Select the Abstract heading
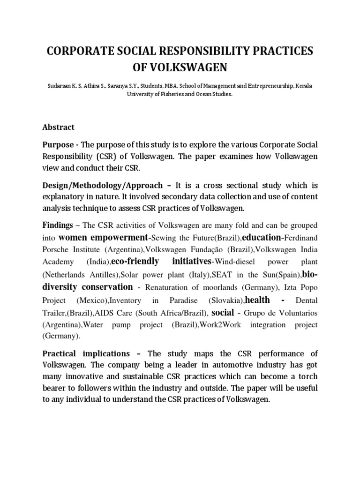click(58, 127)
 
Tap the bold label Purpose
click(58, 145)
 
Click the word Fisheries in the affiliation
click(176, 94)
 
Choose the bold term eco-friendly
click(135, 261)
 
